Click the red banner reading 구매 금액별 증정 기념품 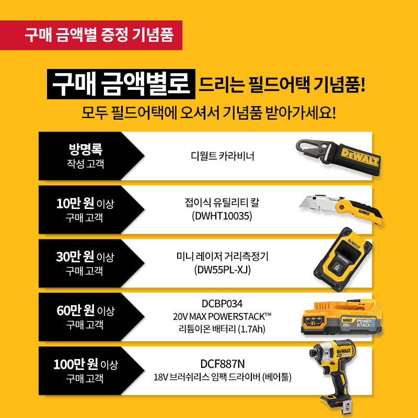click(91, 35)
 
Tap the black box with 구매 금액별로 click(121, 84)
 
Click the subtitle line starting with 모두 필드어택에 click(208, 113)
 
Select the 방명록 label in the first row click(86, 149)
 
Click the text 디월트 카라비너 click(223, 156)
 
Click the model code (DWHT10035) click(222, 216)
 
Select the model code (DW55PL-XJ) click(223, 270)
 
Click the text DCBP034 click(222, 304)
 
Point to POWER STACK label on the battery click(365, 323)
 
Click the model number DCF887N click(223, 364)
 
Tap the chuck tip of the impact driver click(311, 353)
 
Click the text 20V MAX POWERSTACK click(222, 317)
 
